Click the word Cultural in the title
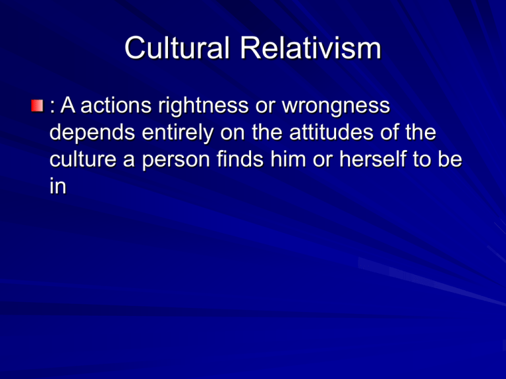point(177,47)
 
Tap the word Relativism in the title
point(311,47)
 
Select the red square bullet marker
point(37,106)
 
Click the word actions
point(116,105)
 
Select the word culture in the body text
point(83,159)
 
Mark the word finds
point(240,159)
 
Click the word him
point(288,159)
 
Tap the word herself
point(373,159)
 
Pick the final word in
point(58,186)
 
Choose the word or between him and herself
point(323,162)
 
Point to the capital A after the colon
point(68,105)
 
